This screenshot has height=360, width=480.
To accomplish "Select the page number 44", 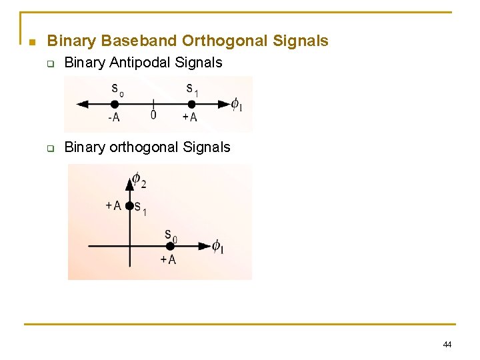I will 447,344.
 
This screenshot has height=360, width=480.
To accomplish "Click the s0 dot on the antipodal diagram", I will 115,104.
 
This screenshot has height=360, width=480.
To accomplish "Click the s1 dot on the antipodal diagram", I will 191,104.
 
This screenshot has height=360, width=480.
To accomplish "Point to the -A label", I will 113,117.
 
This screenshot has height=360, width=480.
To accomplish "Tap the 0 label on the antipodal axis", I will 153,115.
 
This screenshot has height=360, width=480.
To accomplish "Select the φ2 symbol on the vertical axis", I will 138,179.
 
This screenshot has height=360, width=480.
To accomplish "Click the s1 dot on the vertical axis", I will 129,206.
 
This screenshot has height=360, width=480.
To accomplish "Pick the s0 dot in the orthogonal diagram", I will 170,246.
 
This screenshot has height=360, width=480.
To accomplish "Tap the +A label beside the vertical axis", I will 113,205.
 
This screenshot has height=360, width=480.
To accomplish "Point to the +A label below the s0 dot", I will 168,259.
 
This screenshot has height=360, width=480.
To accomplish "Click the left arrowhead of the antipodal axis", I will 82,104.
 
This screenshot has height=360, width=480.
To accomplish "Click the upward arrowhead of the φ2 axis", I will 129,182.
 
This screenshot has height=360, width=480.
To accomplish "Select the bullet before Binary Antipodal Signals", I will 49,64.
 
